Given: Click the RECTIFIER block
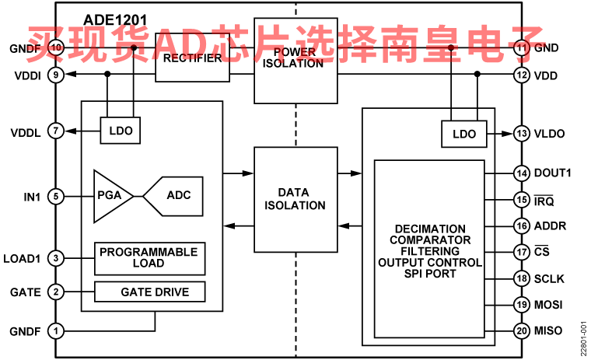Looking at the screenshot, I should tap(194, 61).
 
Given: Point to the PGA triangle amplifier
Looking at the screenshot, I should tap(111, 195).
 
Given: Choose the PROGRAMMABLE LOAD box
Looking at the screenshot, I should tap(149, 258).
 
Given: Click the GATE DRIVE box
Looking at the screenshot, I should tap(149, 292).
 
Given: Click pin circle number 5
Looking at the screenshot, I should tap(55, 197).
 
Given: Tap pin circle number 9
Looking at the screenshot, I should tap(55, 75).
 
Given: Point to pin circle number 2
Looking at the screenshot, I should tap(55, 292).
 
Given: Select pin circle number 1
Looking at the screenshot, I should tap(55, 330).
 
